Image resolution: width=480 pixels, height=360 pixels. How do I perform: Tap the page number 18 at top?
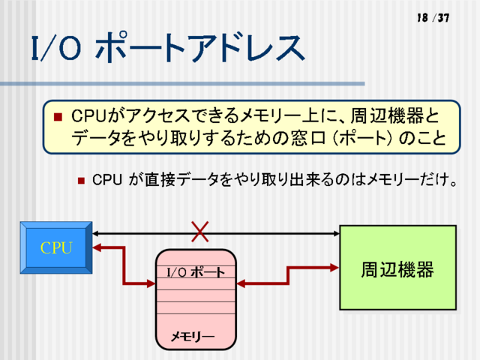coord(421,17)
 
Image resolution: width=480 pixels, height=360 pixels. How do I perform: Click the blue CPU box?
coord(56,247)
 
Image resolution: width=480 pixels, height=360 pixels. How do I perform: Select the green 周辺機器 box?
coord(397,267)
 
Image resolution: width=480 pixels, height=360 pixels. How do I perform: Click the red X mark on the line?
coord(199,232)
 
